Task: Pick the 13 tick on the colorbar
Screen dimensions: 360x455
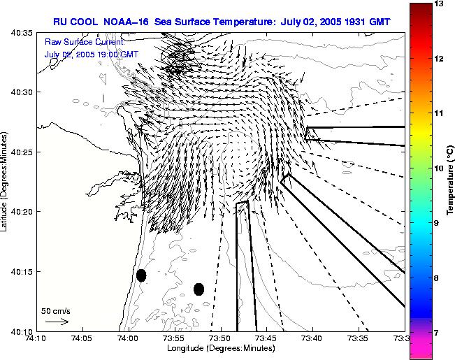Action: click(x=440, y=4)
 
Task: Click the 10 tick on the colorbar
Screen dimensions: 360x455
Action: click(x=440, y=168)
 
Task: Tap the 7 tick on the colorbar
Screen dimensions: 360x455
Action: click(x=440, y=333)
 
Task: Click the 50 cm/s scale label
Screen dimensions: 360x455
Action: click(x=56, y=310)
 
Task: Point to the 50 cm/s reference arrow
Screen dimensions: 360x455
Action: click(x=57, y=322)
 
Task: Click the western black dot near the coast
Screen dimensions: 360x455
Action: click(x=141, y=275)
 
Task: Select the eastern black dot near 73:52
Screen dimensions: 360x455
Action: click(x=199, y=289)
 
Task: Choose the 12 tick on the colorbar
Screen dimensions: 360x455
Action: click(x=440, y=59)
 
